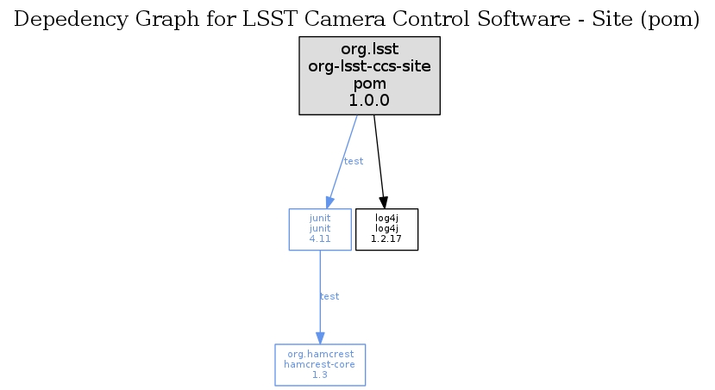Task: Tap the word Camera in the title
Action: (x=332, y=19)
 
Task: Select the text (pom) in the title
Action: (x=670, y=20)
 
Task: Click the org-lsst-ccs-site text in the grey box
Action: (x=369, y=66)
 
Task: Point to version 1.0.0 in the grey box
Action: (x=369, y=101)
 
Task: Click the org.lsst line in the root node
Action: (x=369, y=49)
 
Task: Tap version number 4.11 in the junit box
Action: (x=320, y=239)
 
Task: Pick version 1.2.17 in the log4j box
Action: (x=386, y=239)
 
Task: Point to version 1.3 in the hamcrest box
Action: (x=320, y=375)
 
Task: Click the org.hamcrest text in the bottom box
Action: (x=321, y=354)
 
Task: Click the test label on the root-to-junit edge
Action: (x=354, y=161)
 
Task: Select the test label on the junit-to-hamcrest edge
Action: (x=329, y=297)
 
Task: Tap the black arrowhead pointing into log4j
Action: (x=384, y=202)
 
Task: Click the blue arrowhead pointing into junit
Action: (x=329, y=202)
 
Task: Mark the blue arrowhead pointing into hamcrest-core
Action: (x=320, y=338)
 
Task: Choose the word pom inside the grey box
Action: (x=369, y=84)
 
